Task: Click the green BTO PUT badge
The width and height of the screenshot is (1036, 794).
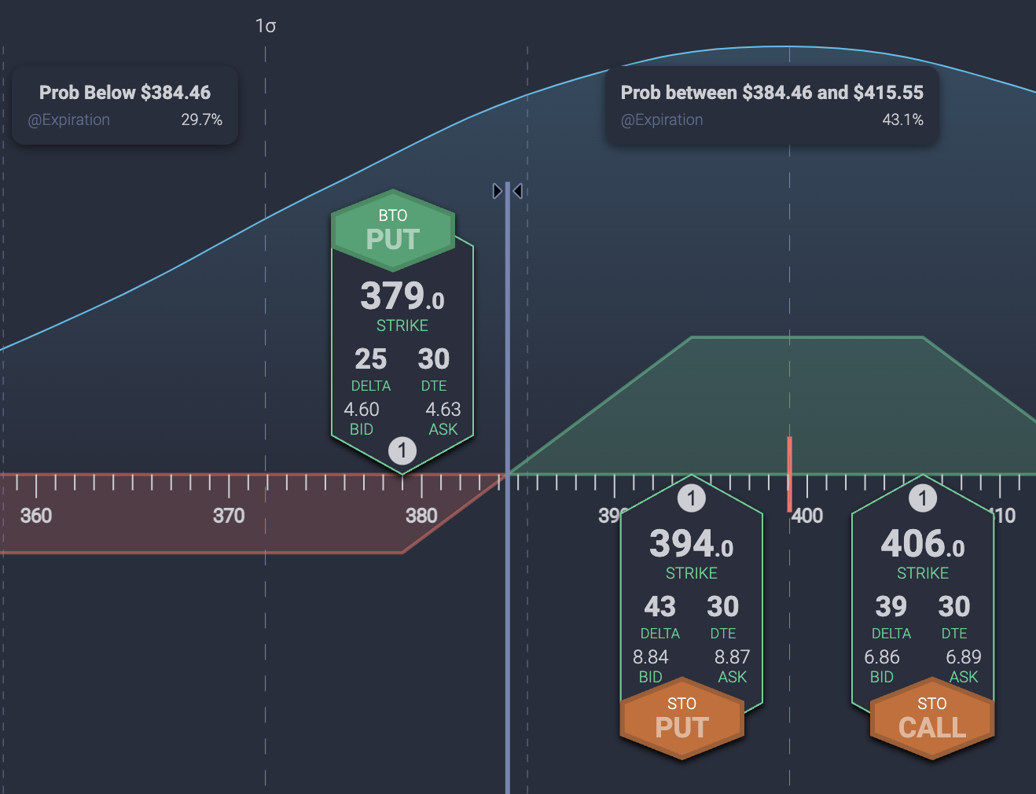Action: [x=393, y=230]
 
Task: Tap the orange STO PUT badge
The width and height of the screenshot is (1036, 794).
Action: [x=681, y=719]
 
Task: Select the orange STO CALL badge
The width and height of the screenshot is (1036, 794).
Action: [x=932, y=719]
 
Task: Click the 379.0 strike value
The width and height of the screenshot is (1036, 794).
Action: [x=402, y=297]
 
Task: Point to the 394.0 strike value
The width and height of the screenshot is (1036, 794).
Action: [x=692, y=544]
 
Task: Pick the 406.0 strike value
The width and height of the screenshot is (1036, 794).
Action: [x=923, y=544]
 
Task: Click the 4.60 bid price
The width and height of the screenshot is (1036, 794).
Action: [x=362, y=410]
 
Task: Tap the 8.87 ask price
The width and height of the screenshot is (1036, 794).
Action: [x=732, y=656]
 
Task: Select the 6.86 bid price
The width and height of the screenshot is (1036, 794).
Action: [x=882, y=656]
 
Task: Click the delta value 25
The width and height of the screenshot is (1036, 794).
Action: [x=371, y=359]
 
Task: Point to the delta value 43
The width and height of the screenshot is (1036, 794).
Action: [x=660, y=607]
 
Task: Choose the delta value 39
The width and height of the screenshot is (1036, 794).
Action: [x=891, y=607]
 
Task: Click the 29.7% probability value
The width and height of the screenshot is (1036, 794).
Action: [x=201, y=119]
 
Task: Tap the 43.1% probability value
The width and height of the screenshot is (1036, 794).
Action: [x=902, y=119]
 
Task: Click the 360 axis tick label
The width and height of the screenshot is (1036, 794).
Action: [x=36, y=516]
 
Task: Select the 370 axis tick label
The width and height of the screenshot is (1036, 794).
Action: [x=229, y=516]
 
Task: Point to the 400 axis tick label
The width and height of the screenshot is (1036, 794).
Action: [x=807, y=516]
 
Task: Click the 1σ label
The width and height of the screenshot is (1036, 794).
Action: [x=266, y=26]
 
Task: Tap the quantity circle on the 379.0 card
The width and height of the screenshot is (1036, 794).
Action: [x=402, y=450]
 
